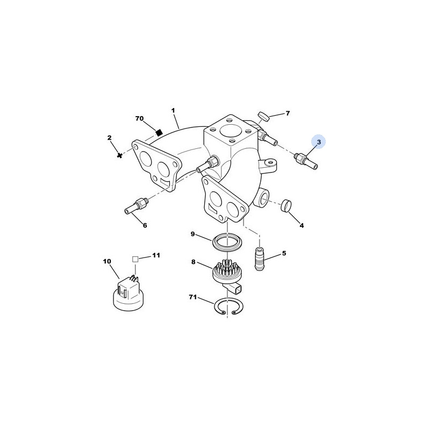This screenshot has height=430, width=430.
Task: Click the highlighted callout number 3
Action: click(x=319, y=142)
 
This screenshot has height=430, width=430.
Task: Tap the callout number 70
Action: click(x=139, y=118)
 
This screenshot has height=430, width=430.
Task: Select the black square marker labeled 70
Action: click(x=159, y=132)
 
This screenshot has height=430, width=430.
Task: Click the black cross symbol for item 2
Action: click(x=119, y=155)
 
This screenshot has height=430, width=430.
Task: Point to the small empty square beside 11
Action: click(x=135, y=259)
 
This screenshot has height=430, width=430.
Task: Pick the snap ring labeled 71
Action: click(x=227, y=306)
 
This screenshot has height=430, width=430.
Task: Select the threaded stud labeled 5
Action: click(x=260, y=259)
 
